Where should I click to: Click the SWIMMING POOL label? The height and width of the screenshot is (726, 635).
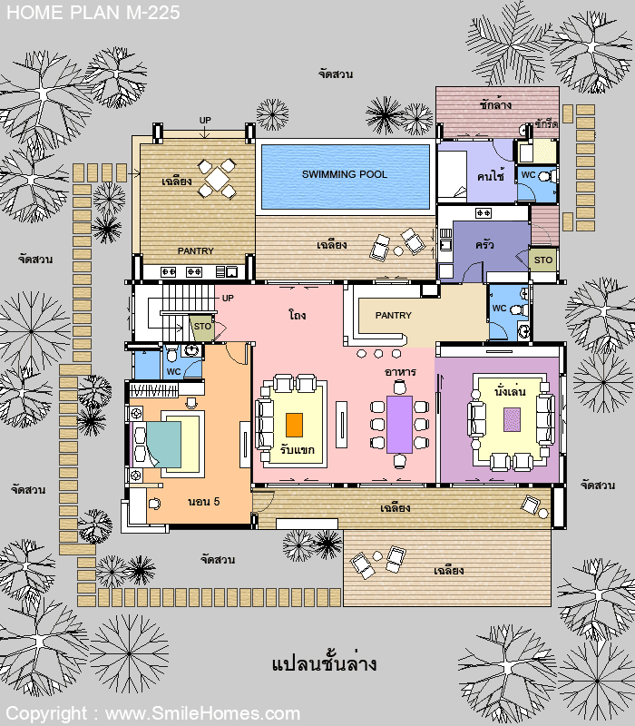tap(345, 174)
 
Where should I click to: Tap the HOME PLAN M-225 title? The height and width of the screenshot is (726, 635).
tap(93, 13)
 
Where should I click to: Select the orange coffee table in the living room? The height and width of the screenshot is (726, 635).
tap(294, 425)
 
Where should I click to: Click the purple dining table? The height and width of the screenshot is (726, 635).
tap(399, 425)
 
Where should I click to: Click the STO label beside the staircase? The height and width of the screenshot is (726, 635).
tap(202, 327)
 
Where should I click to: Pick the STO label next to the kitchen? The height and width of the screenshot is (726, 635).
tap(542, 260)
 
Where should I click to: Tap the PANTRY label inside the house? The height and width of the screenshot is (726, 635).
tap(393, 315)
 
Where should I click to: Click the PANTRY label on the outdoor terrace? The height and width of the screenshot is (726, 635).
tap(195, 251)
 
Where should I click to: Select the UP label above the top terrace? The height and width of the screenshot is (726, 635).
tap(205, 121)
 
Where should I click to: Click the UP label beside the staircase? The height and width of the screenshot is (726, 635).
tap(228, 299)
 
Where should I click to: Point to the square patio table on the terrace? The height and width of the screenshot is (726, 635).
tap(217, 178)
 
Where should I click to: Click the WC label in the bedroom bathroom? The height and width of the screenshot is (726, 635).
tap(173, 371)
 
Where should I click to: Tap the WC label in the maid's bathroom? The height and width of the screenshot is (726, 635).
tap(528, 175)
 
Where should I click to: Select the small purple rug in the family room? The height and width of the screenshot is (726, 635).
tap(512, 419)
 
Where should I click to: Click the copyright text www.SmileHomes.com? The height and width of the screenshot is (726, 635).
tap(202, 713)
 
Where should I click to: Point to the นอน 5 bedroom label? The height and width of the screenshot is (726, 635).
tap(203, 502)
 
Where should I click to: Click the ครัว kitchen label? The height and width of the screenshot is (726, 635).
tap(484, 244)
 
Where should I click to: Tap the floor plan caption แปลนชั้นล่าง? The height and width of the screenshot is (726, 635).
tap(324, 664)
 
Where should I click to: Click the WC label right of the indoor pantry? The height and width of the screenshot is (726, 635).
tap(500, 308)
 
